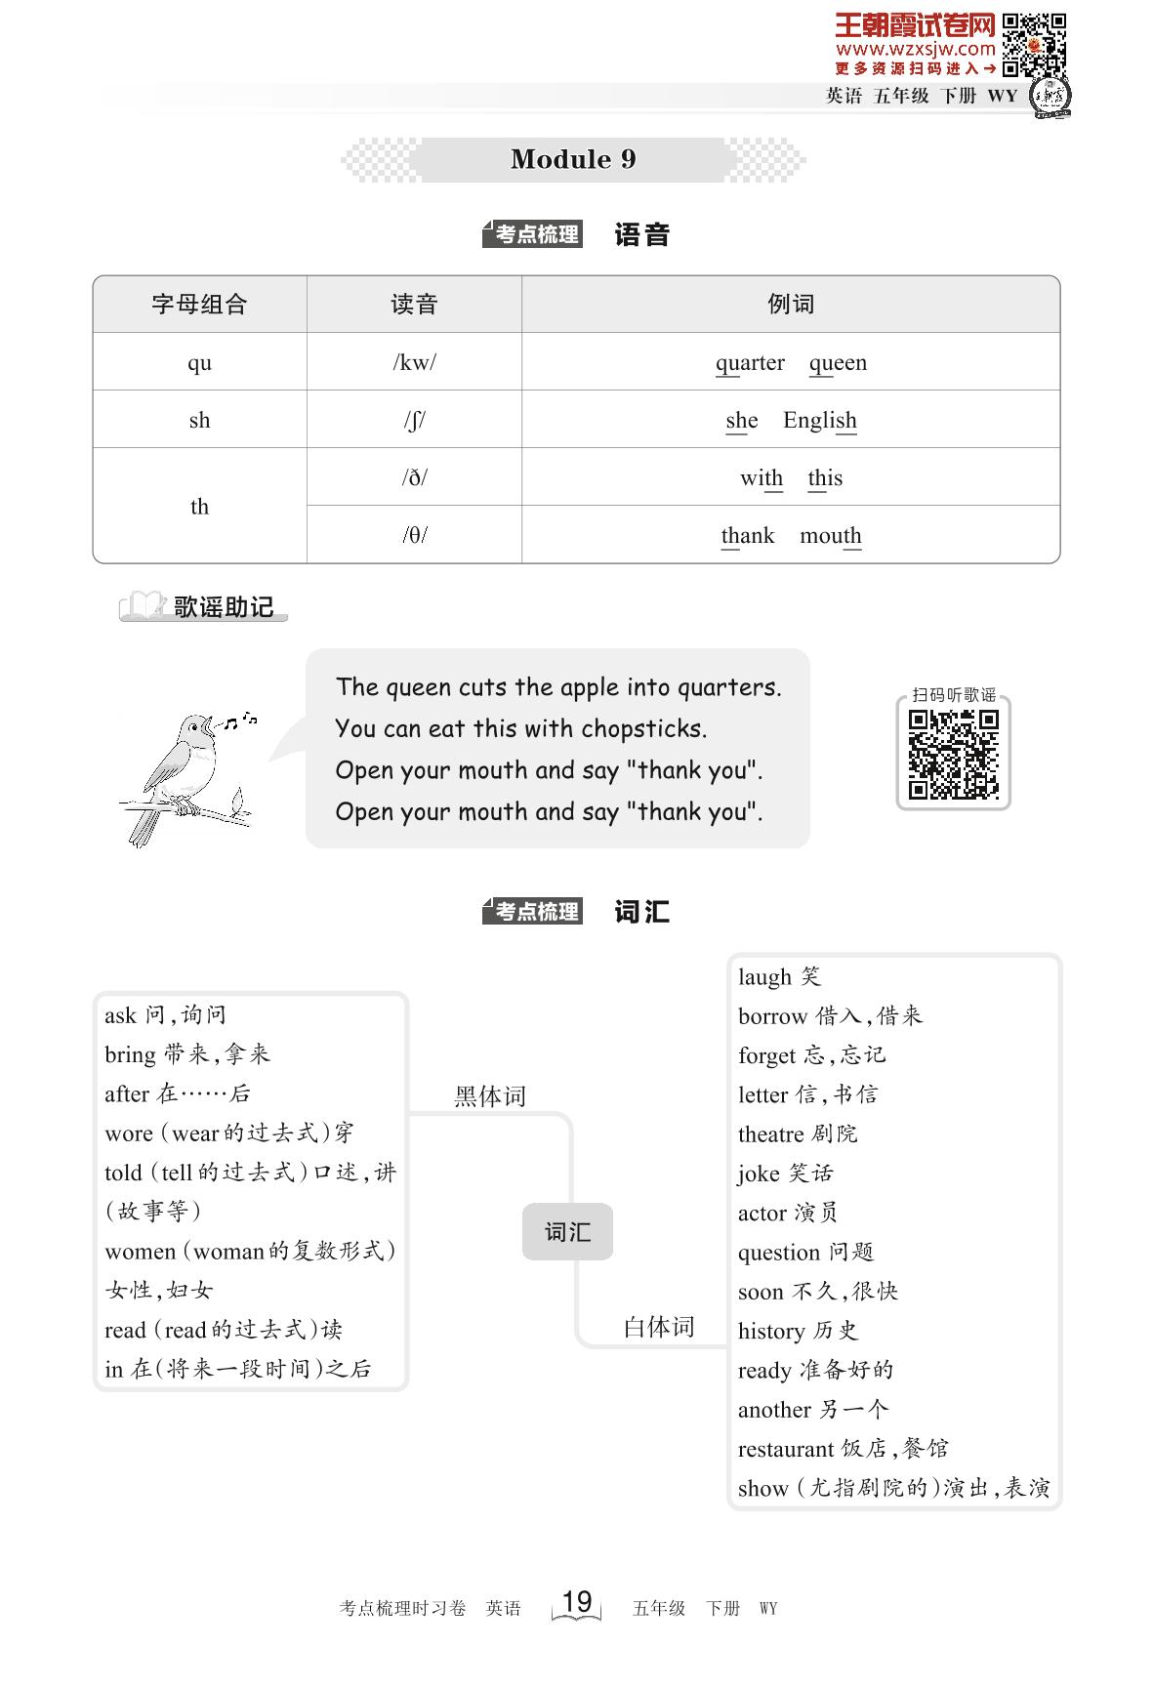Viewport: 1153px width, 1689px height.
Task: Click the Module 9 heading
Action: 573,159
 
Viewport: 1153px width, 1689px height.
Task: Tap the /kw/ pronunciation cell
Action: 414,362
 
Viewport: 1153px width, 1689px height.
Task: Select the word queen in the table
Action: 838,363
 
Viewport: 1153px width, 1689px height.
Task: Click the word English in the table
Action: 819,420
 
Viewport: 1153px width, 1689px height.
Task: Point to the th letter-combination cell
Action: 199,506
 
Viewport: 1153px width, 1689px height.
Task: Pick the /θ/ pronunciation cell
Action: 414,535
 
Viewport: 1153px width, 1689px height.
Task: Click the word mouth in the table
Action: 830,536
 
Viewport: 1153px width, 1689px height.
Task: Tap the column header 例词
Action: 790,305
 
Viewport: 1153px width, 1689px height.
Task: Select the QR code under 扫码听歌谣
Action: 953,754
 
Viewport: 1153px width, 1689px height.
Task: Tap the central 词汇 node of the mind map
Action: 567,1232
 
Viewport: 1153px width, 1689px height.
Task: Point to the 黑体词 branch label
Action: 490,1096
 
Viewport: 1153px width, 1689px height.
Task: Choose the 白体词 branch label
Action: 659,1327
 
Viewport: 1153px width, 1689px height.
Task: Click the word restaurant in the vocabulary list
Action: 786,1449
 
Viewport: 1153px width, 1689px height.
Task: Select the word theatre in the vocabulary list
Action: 770,1134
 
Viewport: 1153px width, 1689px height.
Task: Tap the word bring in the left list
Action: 130,1054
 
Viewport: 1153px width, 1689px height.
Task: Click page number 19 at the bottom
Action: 577,1601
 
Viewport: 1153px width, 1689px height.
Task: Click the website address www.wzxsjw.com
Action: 915,49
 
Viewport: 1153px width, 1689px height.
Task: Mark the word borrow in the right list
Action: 772,1016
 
